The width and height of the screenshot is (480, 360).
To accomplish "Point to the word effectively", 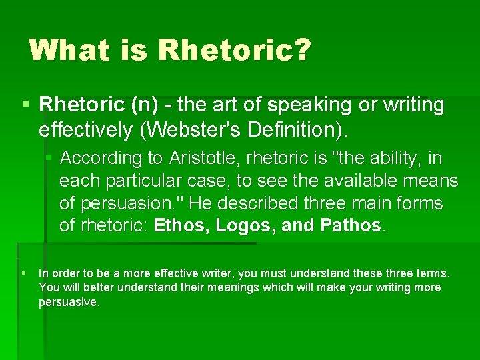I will coord(86,130).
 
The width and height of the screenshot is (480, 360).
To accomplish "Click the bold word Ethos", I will coord(183,226).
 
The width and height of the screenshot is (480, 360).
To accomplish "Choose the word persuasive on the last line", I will coord(69,302).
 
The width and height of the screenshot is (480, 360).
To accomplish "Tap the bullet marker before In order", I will coord(24,273).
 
